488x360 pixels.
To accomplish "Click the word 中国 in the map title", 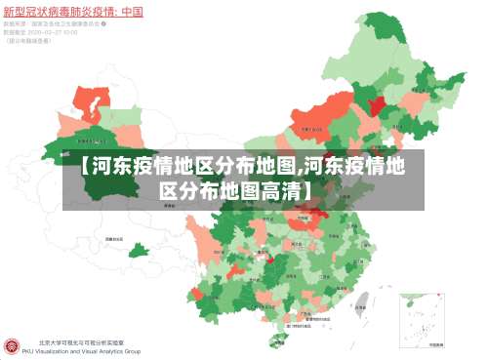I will click(x=131, y=12).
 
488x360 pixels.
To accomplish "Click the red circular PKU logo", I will click(x=13, y=346).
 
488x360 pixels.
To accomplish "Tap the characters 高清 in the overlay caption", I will click(x=278, y=188).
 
